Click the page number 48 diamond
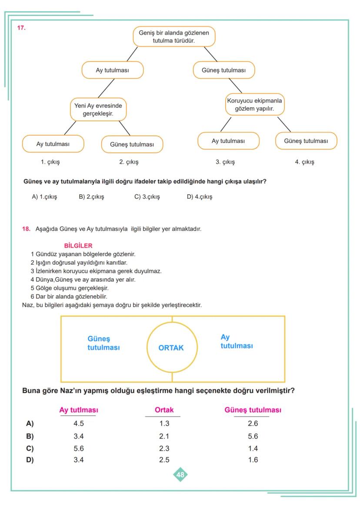pos(180,475)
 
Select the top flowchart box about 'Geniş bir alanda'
pos(174,37)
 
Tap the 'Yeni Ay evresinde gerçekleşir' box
pos(98,110)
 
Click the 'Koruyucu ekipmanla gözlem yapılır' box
pos(254,105)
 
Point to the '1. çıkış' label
pos(50,162)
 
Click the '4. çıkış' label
pos(304,162)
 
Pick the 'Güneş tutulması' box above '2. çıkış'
pos(132,145)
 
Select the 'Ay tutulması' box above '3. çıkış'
pos(228,141)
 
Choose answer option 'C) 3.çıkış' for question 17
pos(147,197)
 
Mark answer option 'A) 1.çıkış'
pos(44,197)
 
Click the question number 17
pos(21,28)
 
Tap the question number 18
pos(26,229)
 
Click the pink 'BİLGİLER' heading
pos(78,246)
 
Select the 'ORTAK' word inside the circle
pos(171,348)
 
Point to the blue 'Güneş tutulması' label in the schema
pos(103,343)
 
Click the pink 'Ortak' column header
pos(164,410)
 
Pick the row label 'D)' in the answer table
pos(30,460)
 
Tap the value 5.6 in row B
pos(253,436)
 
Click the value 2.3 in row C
pos(164,449)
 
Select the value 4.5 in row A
pos(78,424)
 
